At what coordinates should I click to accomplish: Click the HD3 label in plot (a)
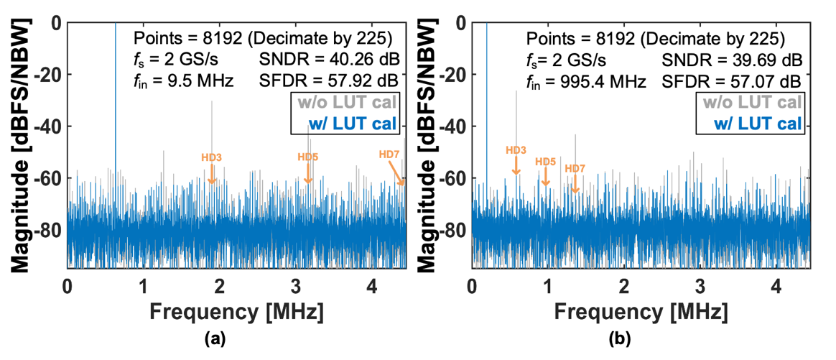point(212,156)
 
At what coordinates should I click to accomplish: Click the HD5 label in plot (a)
point(308,156)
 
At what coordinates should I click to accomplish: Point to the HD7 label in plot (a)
point(390,154)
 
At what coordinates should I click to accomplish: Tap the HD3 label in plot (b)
point(516,150)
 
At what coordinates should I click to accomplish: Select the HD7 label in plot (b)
point(575,169)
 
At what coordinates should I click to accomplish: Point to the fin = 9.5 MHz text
point(183,80)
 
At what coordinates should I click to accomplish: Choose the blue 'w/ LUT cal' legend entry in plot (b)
point(758,122)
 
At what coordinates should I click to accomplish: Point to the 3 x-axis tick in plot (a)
point(295,285)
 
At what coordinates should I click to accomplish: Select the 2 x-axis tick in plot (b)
point(623,285)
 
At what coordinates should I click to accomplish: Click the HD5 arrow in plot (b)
point(546,177)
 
